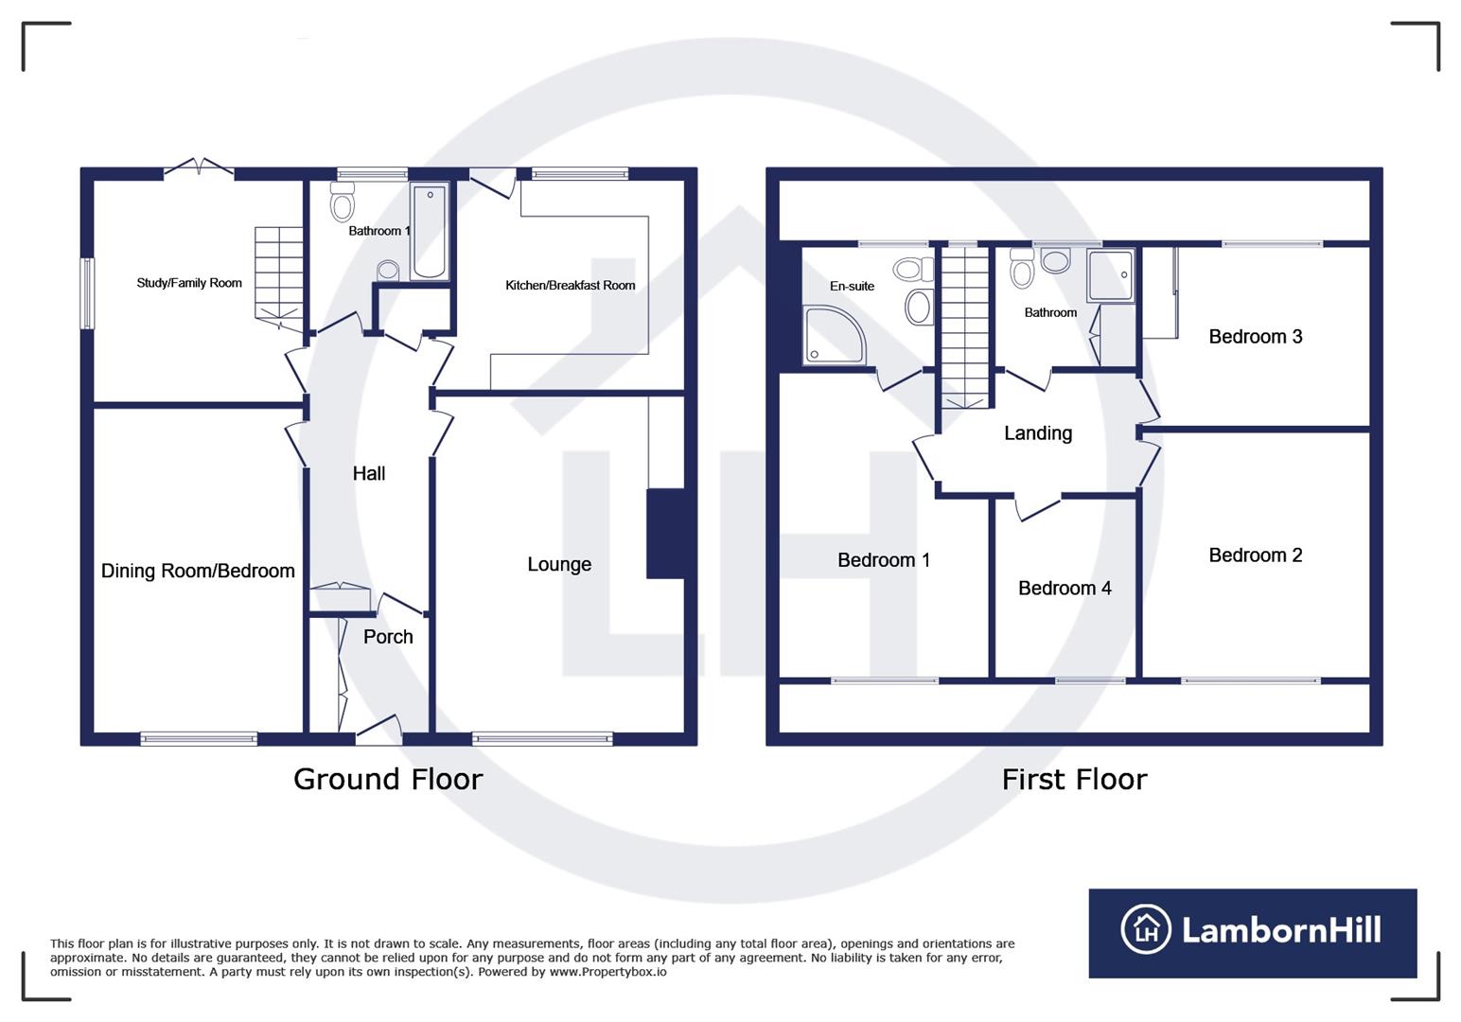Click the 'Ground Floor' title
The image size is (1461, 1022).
click(x=388, y=779)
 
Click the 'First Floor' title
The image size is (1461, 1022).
click(x=1074, y=779)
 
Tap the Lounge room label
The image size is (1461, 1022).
click(x=559, y=564)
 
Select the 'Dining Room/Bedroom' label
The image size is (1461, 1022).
click(x=198, y=571)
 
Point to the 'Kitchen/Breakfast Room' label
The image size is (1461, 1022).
click(x=570, y=285)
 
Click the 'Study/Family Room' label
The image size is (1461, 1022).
click(x=189, y=283)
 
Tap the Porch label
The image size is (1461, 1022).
click(x=388, y=637)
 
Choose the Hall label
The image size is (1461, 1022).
click(x=369, y=473)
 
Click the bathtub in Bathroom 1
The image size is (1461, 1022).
click(x=430, y=232)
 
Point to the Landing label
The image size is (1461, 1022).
click(x=1038, y=433)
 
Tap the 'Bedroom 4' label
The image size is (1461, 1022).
click(x=1065, y=589)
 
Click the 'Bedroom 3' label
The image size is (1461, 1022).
click(x=1256, y=337)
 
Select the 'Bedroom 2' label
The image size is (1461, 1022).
click(x=1256, y=555)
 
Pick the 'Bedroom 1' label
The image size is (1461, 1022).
click(x=884, y=560)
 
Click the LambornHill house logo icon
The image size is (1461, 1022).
click(x=1146, y=930)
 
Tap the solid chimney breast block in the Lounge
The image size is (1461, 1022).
click(x=666, y=533)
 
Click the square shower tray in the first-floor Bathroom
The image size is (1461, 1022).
click(x=1111, y=275)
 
